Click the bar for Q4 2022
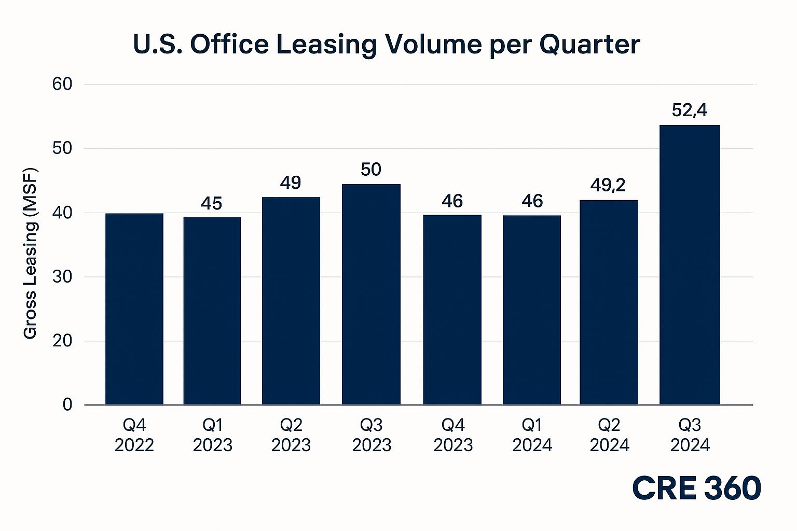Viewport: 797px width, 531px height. coord(134,309)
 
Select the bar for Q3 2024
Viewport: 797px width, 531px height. coord(690,265)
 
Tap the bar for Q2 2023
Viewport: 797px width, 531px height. coord(291,301)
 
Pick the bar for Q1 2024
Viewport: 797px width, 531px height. coord(532,310)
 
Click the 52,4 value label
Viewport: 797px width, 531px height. coord(690,110)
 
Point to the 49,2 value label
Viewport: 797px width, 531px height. coord(608,185)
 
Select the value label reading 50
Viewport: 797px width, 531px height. coord(371,169)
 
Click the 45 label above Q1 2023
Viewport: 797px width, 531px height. coord(211,203)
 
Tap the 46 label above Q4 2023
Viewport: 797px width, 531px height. coord(452,201)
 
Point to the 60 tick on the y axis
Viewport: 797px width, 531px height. coord(62,85)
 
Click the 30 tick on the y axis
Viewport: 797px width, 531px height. coord(62,277)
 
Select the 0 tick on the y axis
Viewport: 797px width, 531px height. coord(67,405)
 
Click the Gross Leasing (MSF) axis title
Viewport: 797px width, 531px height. coord(30,253)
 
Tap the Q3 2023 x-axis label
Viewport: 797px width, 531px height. coord(372,435)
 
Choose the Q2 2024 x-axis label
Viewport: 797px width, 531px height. coord(610,435)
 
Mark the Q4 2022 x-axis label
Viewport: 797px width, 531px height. coord(134,435)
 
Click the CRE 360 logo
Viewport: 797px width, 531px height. coord(697,488)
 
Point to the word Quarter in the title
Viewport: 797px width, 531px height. coord(589,45)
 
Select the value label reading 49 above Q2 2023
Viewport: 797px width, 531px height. coord(291,183)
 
